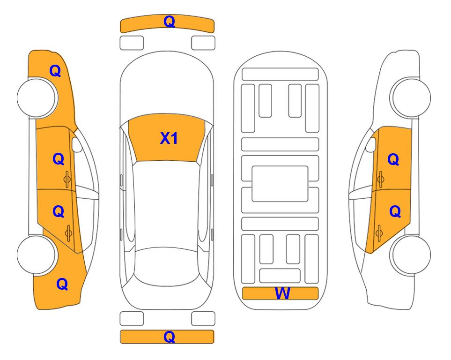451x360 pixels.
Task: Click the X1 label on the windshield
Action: pos(169,138)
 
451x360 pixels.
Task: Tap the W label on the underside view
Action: pos(282,293)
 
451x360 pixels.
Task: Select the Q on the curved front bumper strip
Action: pos(169,22)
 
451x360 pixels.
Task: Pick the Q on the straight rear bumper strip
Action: pos(169,337)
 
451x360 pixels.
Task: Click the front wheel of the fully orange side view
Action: pos(37,97)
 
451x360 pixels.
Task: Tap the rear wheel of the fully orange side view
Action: pos(37,255)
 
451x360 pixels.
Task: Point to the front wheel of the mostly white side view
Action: pos(411,97)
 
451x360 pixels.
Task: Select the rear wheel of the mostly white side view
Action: pos(411,255)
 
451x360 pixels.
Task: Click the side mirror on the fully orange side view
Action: pos(77,144)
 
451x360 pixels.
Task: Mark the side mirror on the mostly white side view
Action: pos(370,144)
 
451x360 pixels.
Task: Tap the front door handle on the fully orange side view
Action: pos(67,180)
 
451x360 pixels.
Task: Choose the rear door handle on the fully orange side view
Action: pos(68,233)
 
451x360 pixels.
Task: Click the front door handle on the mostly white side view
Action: pos(380,180)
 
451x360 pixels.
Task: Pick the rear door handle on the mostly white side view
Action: pos(379,233)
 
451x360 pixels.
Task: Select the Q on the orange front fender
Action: pos(55,71)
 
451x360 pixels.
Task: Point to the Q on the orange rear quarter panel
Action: pos(62,284)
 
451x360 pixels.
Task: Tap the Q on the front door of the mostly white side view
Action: pos(393,159)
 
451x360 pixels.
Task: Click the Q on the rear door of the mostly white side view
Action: pos(395,212)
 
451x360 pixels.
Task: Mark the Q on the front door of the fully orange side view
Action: pos(59,159)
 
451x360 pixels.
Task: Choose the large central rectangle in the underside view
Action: pos(280,184)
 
